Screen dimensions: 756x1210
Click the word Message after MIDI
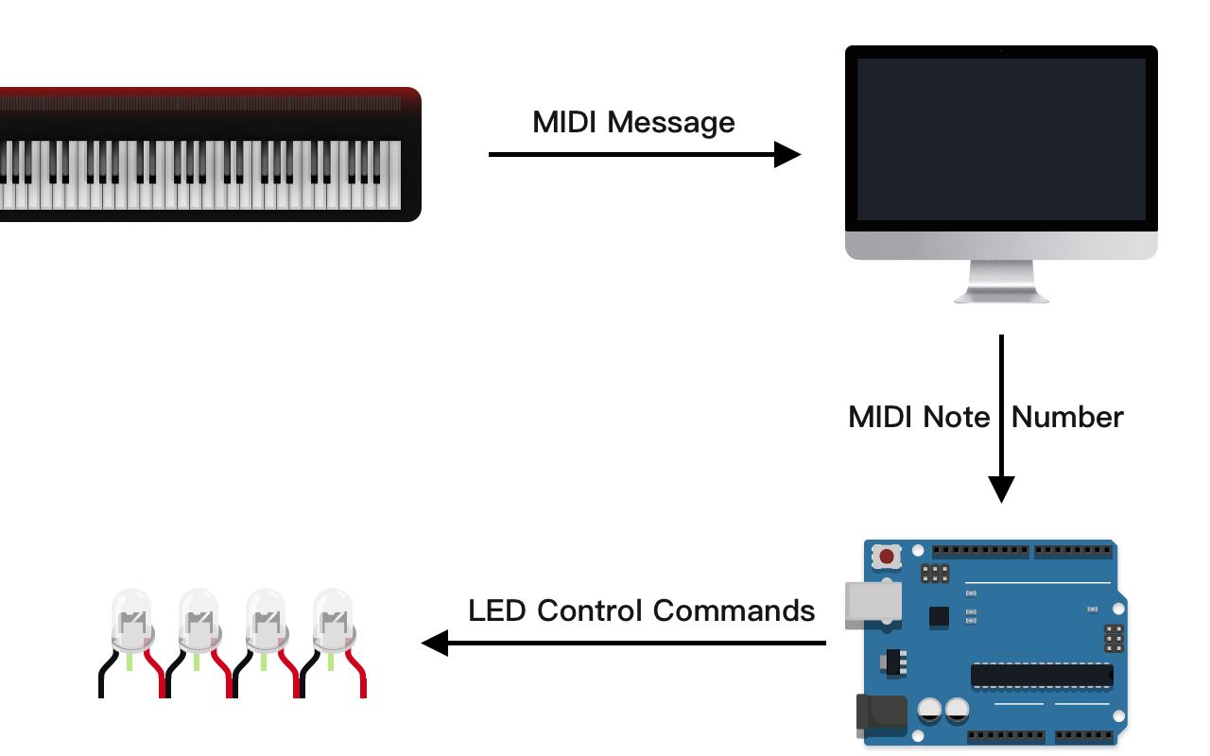(x=671, y=122)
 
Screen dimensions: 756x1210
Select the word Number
(x=1067, y=417)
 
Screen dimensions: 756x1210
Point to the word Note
(x=957, y=417)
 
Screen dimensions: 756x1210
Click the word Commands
(x=734, y=610)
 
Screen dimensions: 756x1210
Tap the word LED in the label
(x=497, y=610)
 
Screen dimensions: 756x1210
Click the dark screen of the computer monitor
(x=1001, y=139)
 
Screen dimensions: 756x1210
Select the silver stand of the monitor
(x=1001, y=283)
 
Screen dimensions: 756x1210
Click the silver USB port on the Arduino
(x=873, y=601)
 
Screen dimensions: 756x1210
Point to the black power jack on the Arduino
(x=880, y=713)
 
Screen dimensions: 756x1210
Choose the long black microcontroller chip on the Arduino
(x=1042, y=675)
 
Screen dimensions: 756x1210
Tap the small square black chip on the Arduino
(x=939, y=616)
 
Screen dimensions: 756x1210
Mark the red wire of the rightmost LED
(x=360, y=676)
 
